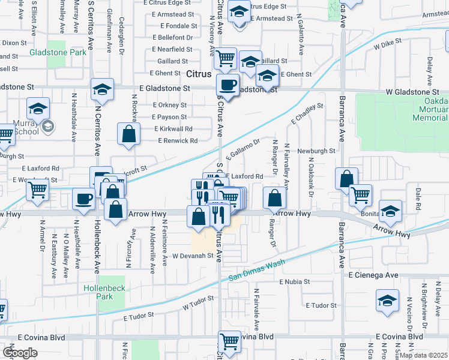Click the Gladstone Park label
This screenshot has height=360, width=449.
point(58,52)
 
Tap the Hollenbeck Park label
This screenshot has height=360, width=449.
point(104,292)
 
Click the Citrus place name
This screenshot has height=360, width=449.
point(198,74)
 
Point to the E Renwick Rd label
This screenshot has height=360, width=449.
point(177,141)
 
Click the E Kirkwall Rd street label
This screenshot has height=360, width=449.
point(173,129)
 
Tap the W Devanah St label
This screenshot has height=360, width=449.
point(193,256)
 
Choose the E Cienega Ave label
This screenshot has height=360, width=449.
point(373,275)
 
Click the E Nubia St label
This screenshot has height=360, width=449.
point(293,281)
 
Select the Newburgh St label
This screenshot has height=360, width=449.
point(316,151)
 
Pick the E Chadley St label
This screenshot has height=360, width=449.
point(307,114)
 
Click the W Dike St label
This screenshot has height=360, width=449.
point(387,44)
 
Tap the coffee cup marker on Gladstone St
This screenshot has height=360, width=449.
point(228,85)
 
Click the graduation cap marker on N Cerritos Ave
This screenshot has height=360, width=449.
point(103,90)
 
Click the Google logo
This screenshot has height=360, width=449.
point(20,353)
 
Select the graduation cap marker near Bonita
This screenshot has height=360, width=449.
point(390,211)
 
